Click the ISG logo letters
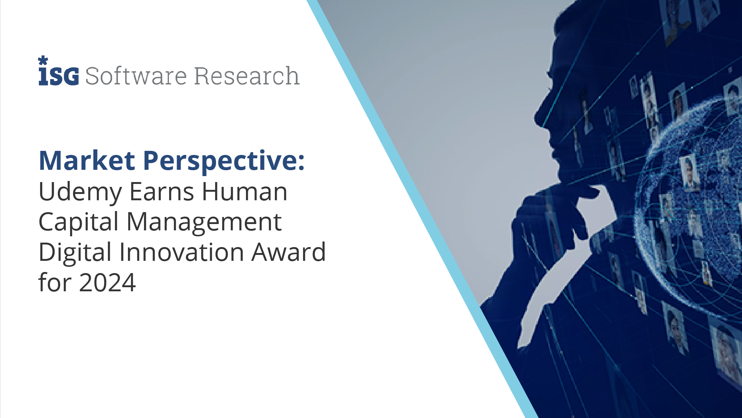(59, 76)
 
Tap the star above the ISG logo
(43, 60)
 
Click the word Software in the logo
(136, 76)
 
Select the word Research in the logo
(247, 76)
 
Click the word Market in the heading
(87, 161)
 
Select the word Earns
(162, 192)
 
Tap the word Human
(244, 192)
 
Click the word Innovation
(181, 252)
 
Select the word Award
(289, 252)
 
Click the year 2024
(107, 283)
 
